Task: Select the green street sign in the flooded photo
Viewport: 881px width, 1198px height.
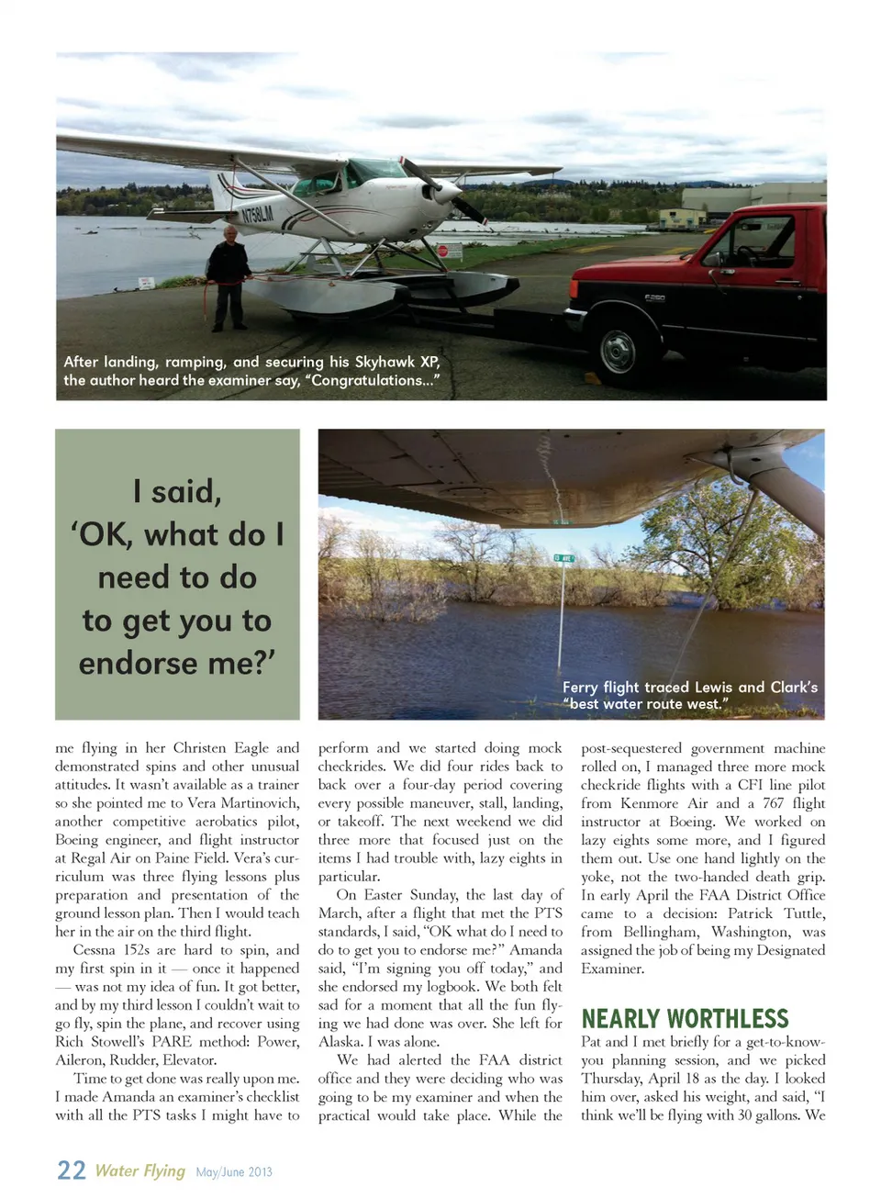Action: pos(563,558)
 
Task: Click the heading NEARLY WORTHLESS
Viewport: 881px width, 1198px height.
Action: pos(685,1019)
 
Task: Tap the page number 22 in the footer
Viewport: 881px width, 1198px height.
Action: pos(71,1170)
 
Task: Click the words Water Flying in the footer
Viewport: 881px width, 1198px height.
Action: pos(139,1170)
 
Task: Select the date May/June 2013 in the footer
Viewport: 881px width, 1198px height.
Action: pos(234,1172)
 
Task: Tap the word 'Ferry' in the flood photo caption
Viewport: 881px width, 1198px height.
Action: pos(580,687)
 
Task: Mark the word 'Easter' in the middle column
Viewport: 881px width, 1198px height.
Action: pos(385,895)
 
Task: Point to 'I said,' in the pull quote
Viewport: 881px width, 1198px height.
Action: pos(177,491)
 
